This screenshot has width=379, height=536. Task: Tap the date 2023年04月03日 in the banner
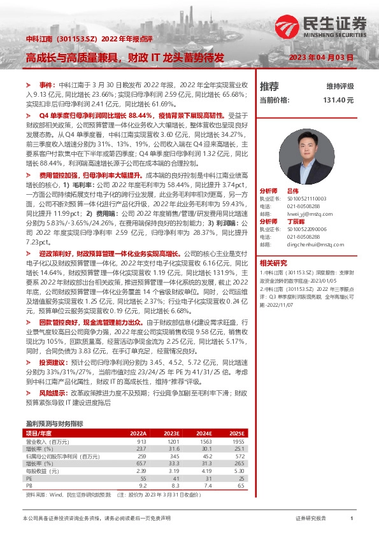321,57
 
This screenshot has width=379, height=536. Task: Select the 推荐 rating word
269,86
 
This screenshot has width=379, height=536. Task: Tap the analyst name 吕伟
293,191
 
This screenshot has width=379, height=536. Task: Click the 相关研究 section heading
273,262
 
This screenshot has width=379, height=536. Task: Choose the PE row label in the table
29,478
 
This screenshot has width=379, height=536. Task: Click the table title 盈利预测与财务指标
54,423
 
